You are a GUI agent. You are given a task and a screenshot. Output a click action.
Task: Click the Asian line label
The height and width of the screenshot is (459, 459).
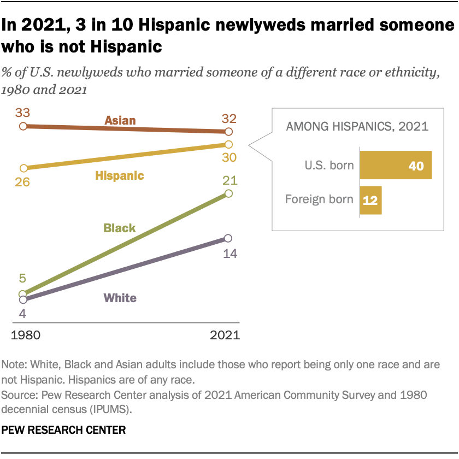point(120,120)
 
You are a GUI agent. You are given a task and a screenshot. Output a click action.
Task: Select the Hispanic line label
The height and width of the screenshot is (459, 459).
point(120,175)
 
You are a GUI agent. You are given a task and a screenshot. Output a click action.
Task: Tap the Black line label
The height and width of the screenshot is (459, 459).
point(120,228)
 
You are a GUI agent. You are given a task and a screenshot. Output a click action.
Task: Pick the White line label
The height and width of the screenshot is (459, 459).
point(120,298)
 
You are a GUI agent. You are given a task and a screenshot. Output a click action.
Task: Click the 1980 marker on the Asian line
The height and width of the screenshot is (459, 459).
point(23,126)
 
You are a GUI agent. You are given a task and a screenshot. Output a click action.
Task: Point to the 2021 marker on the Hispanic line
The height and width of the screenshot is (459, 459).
point(228,144)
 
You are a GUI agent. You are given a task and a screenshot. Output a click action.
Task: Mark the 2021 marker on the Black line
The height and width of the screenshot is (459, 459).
point(228,193)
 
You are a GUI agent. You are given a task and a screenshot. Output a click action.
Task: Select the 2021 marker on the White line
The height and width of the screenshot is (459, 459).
point(228,238)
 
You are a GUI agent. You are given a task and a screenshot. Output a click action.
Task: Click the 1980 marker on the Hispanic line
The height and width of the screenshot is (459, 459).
point(23,168)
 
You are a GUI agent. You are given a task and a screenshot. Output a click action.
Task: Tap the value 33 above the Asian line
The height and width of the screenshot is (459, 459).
point(23,113)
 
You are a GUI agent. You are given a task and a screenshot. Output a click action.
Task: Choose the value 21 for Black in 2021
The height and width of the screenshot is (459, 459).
point(228,180)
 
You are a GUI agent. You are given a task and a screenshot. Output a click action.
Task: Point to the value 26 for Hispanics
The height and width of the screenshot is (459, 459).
point(23,182)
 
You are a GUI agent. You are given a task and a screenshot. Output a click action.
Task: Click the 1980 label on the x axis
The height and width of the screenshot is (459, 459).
point(25,335)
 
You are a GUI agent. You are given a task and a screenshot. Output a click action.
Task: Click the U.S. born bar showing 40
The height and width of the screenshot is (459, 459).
point(396,165)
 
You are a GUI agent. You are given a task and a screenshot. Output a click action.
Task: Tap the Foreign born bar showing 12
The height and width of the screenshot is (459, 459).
point(370,200)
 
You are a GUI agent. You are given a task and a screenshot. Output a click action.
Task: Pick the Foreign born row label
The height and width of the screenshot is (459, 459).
point(319,199)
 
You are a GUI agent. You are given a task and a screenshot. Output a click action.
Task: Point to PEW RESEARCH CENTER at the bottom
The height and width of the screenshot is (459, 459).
point(64,430)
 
